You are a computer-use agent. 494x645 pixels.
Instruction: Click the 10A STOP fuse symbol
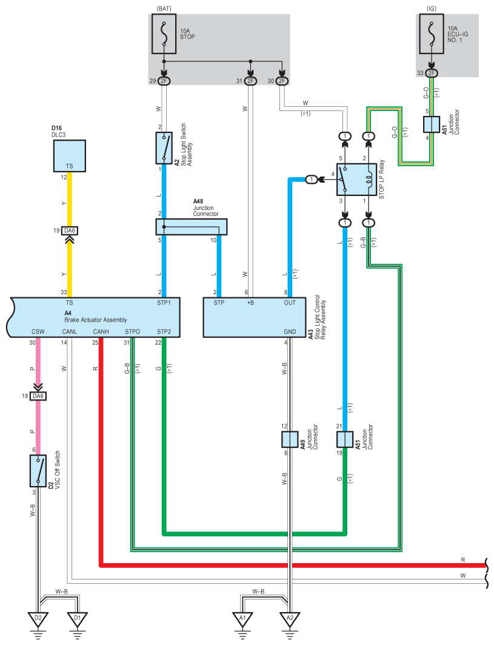tap(164, 34)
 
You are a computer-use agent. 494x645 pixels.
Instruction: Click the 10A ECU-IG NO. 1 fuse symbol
tap(432, 34)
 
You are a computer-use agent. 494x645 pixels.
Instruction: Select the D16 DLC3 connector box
tap(70, 155)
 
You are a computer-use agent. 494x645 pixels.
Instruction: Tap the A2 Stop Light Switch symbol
tap(164, 148)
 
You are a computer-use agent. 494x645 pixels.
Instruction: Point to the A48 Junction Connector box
tap(192, 227)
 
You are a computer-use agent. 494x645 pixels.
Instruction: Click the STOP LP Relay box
tap(357, 180)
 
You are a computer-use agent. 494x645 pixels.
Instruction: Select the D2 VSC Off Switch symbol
tap(38, 471)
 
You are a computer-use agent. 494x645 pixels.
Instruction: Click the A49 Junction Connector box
tap(290, 439)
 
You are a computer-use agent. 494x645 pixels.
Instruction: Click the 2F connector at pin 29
tap(164, 81)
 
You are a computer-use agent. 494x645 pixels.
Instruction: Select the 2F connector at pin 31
tap(251, 81)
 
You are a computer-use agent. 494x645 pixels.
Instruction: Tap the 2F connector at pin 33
tap(431, 73)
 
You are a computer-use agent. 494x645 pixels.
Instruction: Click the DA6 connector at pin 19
tap(70, 231)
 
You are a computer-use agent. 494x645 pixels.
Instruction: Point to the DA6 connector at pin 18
tap(38, 396)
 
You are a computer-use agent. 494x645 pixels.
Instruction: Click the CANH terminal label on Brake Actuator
tap(101, 331)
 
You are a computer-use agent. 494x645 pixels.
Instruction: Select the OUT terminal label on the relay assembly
tap(290, 303)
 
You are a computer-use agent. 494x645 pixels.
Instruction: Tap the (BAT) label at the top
tap(164, 8)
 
